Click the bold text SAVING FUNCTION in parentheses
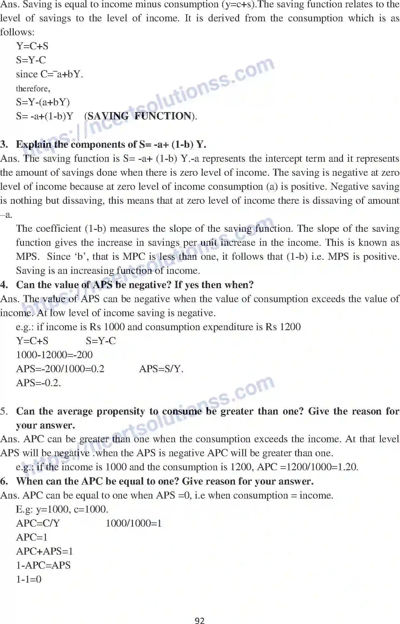pyautogui.click(x=140, y=116)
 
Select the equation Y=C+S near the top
pyautogui.click(x=32, y=46)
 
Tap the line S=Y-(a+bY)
pyautogui.click(x=43, y=102)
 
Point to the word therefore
pyautogui.click(x=33, y=89)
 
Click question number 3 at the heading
pyautogui.click(x=4, y=145)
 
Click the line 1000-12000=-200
pyautogui.click(x=54, y=355)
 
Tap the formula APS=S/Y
pyautogui.click(x=161, y=369)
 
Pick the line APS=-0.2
pyautogui.click(x=38, y=383)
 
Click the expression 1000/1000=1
pyautogui.click(x=134, y=523)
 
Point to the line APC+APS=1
pyautogui.click(x=44, y=551)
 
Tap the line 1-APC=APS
pyautogui.click(x=43, y=565)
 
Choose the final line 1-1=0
pyautogui.click(x=29, y=579)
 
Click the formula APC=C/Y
pyautogui.click(x=38, y=523)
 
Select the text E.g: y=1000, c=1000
pyautogui.click(x=62, y=509)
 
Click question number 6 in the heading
pyautogui.click(x=4, y=481)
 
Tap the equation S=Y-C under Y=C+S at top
pyautogui.click(x=31, y=60)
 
